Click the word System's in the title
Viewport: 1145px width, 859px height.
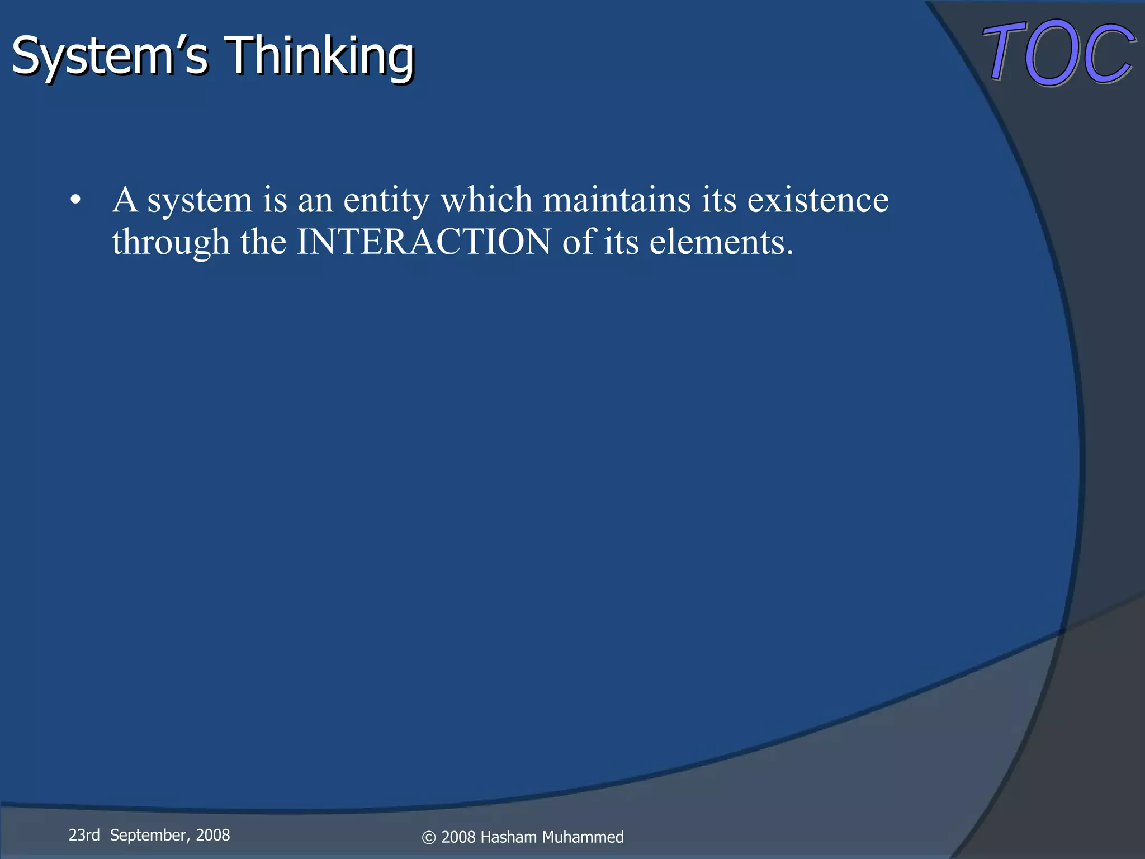point(110,56)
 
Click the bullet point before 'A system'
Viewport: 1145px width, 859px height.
point(76,200)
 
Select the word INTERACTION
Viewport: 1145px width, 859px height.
point(424,242)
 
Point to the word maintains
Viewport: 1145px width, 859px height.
point(617,200)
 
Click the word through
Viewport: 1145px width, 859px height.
point(171,242)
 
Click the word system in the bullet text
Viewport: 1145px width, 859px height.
point(200,200)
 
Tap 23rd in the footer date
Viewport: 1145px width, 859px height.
point(84,835)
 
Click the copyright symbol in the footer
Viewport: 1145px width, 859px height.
point(429,837)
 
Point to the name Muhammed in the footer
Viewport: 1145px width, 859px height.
point(583,837)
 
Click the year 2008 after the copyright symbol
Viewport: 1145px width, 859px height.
point(458,837)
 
